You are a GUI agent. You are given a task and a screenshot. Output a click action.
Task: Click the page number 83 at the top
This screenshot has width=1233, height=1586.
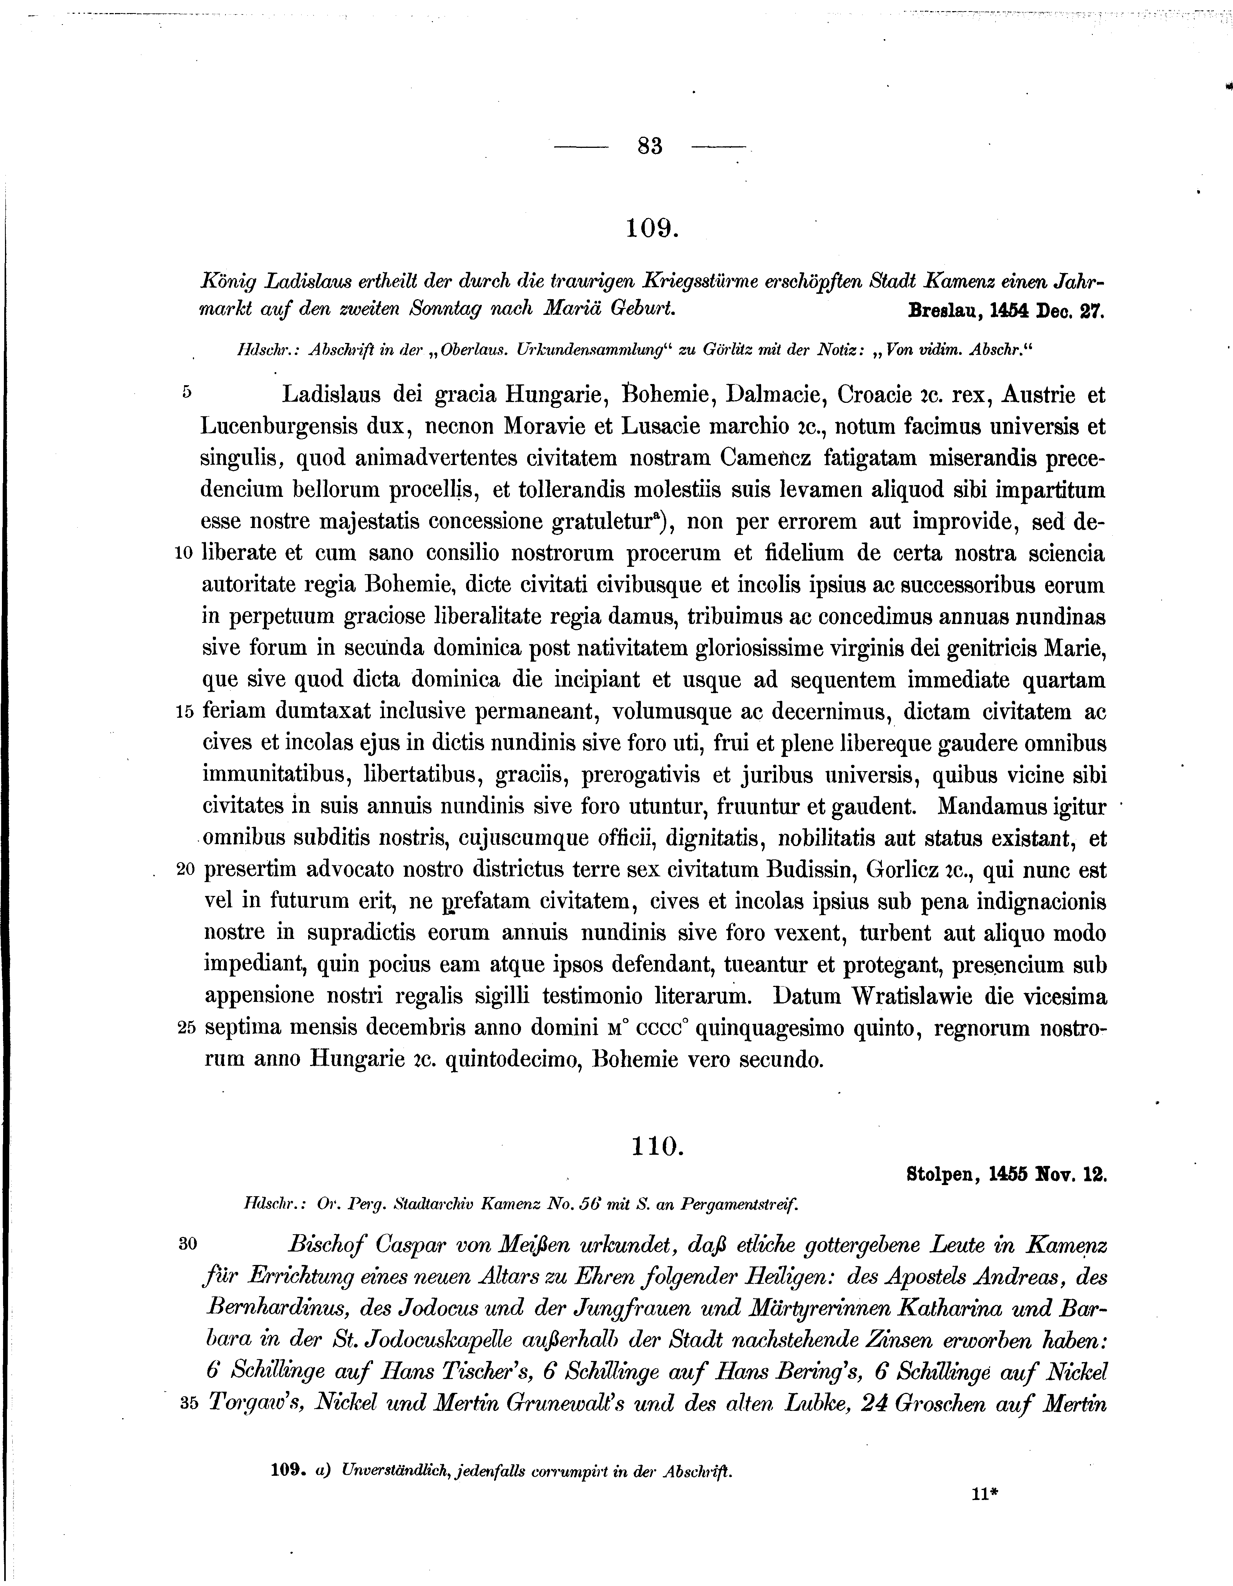650,147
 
